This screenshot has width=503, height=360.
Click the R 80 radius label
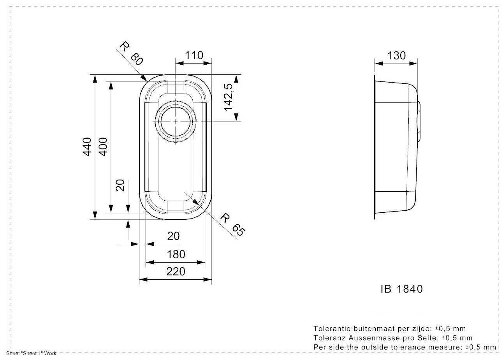click(131, 53)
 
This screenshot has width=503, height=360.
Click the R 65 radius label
click(232, 225)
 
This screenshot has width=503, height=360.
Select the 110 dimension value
click(194, 55)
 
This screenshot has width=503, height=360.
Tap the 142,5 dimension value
click(228, 97)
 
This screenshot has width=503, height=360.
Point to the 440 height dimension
click(87, 147)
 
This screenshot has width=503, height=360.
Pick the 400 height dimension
click(103, 147)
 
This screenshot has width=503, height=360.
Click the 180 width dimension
click(176, 254)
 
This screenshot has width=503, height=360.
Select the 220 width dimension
click(176, 272)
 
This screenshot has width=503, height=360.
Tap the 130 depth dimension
click(397, 56)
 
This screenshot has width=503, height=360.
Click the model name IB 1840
click(402, 289)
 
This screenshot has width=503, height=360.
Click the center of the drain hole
click(175, 121)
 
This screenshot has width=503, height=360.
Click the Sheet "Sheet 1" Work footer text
click(31, 353)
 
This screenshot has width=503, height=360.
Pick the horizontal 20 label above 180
click(173, 236)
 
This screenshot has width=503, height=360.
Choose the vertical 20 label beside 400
click(120, 185)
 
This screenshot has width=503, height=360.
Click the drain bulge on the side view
click(419, 121)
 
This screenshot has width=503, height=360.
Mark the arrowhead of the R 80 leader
click(144, 78)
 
